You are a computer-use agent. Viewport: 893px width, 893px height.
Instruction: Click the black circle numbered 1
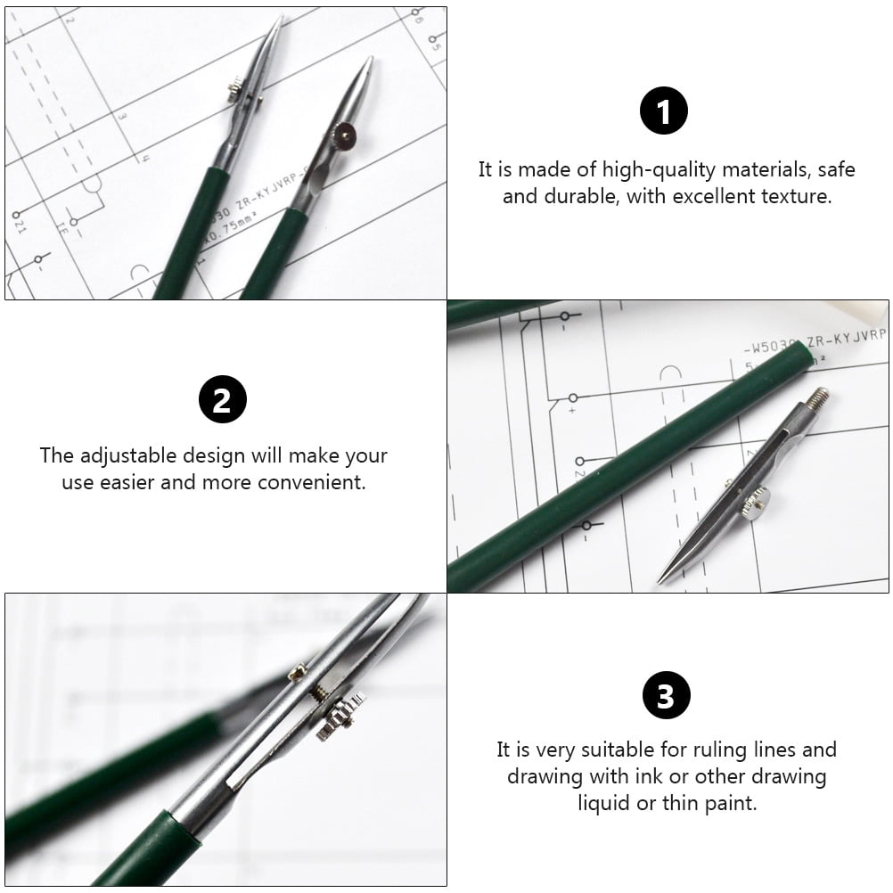coord(664,112)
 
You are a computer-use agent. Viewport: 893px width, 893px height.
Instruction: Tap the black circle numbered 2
coord(222,400)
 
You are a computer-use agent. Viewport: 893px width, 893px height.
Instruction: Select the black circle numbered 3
coord(666,695)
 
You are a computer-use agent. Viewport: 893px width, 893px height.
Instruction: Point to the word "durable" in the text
coord(575,196)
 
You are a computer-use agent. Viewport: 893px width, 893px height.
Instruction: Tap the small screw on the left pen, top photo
coord(233,86)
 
